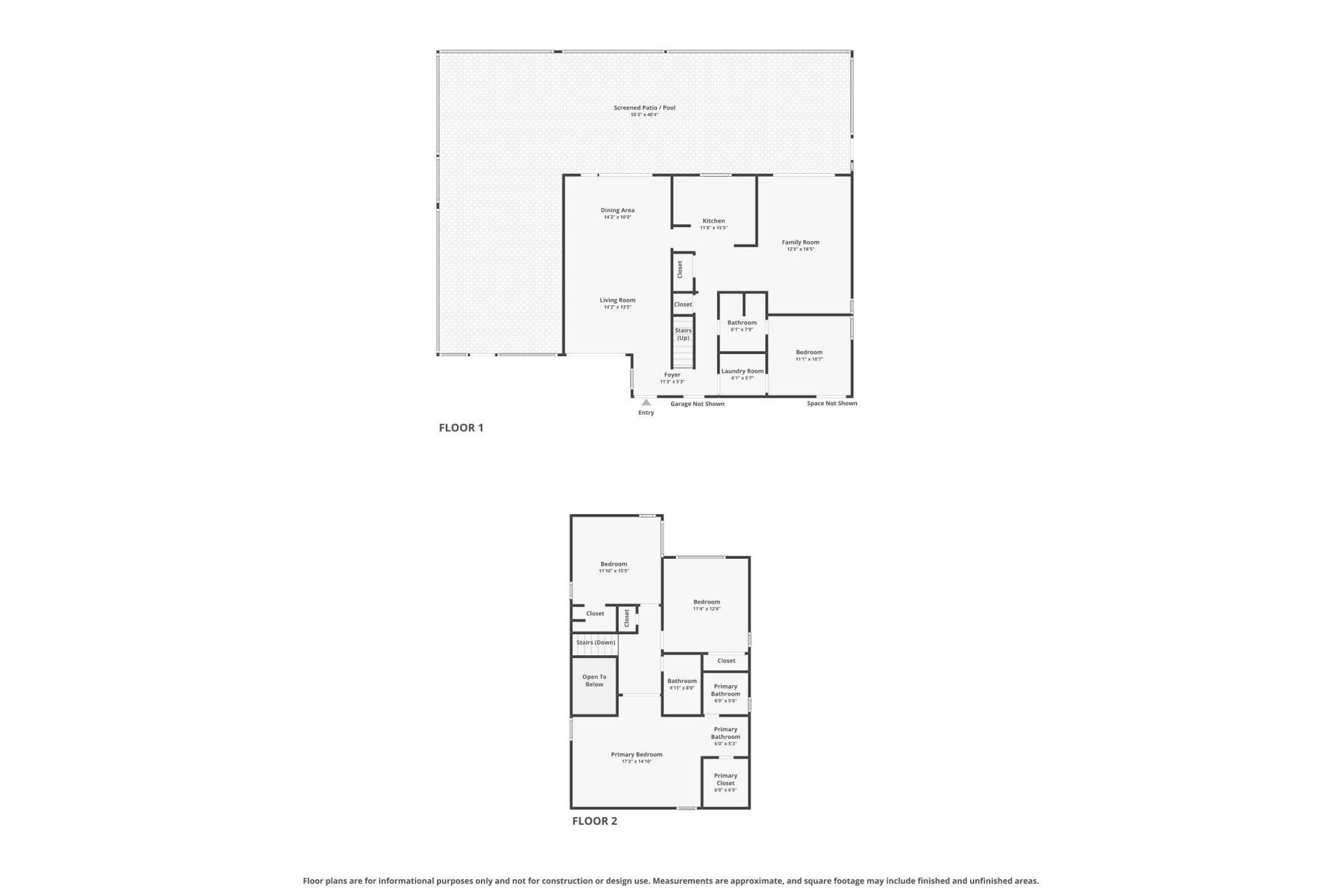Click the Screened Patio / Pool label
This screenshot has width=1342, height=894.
pyautogui.click(x=644, y=108)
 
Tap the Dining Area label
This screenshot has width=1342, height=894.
pyautogui.click(x=617, y=210)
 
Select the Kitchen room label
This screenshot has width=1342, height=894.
pyautogui.click(x=714, y=221)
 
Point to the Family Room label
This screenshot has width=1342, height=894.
pyautogui.click(x=800, y=242)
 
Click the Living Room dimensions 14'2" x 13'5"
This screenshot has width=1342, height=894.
pyautogui.click(x=617, y=307)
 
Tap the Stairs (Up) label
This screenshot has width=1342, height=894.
pyautogui.click(x=683, y=334)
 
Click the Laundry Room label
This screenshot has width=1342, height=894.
pyautogui.click(x=742, y=372)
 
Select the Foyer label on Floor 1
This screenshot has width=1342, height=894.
pyautogui.click(x=672, y=375)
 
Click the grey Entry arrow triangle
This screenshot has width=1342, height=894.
pyautogui.click(x=646, y=402)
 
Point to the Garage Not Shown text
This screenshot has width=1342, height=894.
pyautogui.click(x=697, y=404)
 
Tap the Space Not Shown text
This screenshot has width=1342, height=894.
pyautogui.click(x=832, y=403)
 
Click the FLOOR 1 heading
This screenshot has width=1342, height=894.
pyautogui.click(x=461, y=427)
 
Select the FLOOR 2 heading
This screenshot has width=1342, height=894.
pyautogui.click(x=594, y=821)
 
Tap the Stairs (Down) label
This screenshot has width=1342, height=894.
pyautogui.click(x=596, y=643)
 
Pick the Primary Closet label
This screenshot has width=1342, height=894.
pyautogui.click(x=726, y=779)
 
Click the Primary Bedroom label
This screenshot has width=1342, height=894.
pyautogui.click(x=636, y=754)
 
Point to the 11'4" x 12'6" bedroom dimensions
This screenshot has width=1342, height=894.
pyautogui.click(x=707, y=609)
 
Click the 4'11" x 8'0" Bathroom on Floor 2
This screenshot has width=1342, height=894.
pyautogui.click(x=681, y=684)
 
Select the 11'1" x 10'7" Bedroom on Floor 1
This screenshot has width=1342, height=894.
pyautogui.click(x=809, y=356)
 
